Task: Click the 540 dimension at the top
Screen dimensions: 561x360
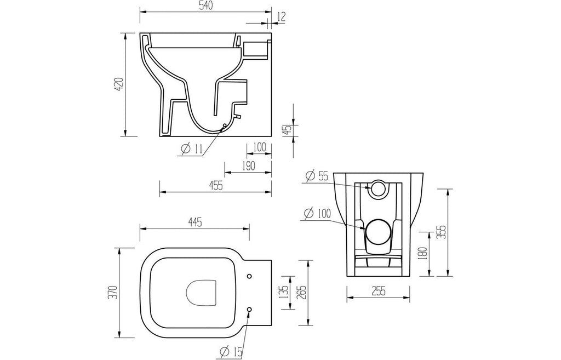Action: point(205,5)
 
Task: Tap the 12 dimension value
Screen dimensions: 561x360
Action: point(282,17)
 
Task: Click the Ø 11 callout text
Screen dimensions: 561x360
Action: point(191,149)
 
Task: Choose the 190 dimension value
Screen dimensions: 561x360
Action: point(248,165)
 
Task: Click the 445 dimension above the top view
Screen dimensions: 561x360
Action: point(194,222)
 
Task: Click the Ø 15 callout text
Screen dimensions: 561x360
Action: point(232,352)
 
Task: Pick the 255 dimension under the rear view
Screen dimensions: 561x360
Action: point(378,291)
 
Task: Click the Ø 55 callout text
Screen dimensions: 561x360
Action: point(317,176)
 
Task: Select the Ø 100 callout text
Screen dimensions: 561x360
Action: point(317,214)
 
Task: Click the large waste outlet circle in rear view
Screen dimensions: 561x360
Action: point(378,231)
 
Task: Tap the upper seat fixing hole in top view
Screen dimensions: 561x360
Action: point(249,276)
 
